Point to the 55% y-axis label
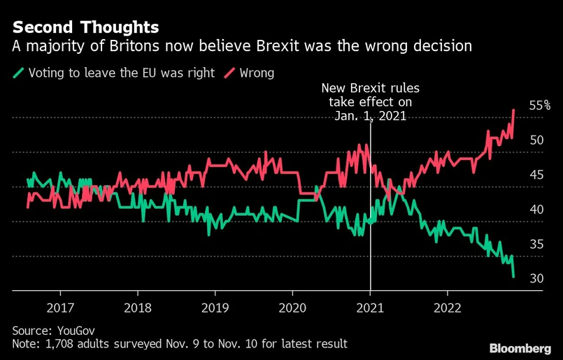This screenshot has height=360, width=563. [x=540, y=106]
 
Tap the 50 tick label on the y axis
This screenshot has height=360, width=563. [x=537, y=140]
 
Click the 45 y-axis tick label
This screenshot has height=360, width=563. [x=537, y=175]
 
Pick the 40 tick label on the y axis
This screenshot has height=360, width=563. [x=537, y=210]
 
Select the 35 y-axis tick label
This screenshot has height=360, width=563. [x=537, y=245]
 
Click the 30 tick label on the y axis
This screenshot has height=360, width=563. [x=537, y=279]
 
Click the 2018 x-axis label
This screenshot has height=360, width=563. [x=138, y=307]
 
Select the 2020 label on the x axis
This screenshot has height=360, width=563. [x=292, y=307]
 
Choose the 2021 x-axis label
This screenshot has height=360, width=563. [x=370, y=307]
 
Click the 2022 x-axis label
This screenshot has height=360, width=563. [x=447, y=307]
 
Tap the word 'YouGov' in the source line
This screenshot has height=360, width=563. [x=73, y=330]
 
